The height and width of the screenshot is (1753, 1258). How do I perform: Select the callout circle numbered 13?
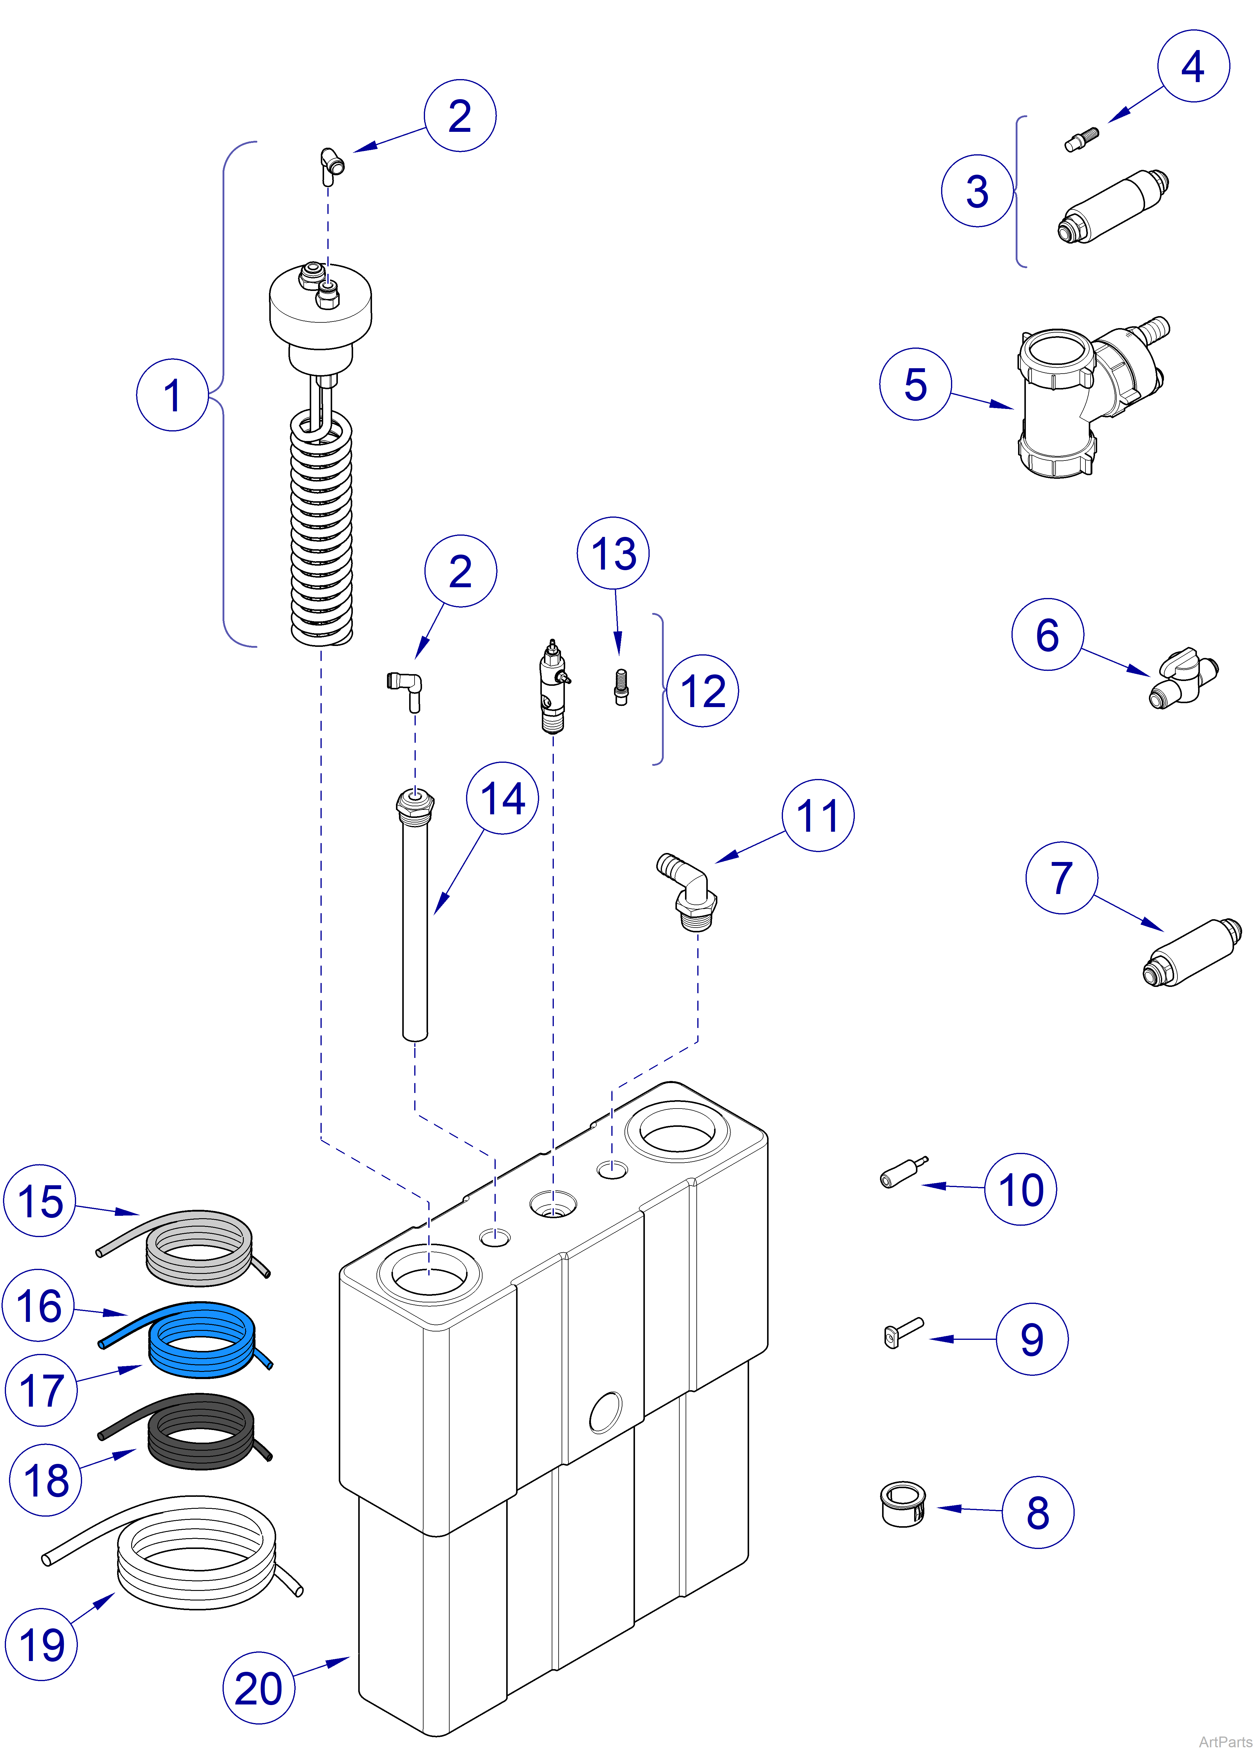(613, 553)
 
